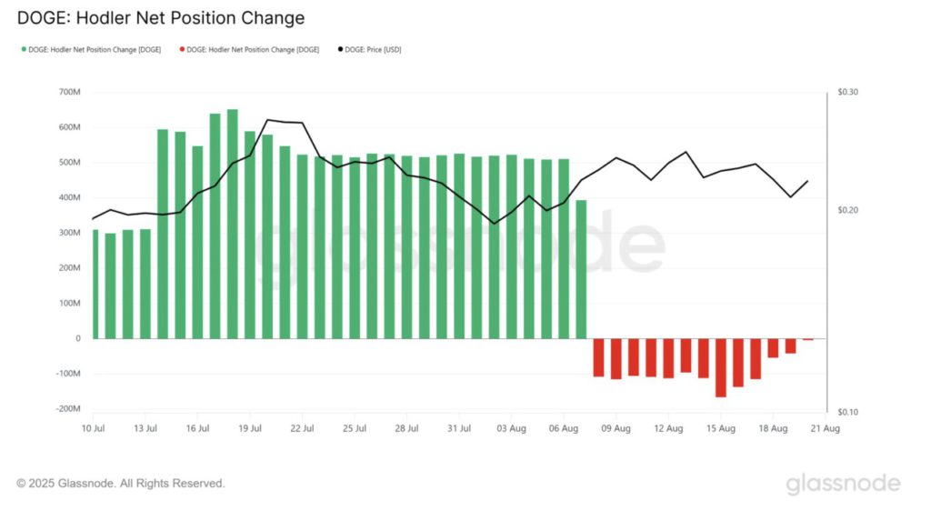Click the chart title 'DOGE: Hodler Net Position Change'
(x=161, y=17)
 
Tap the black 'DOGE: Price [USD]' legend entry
(x=371, y=49)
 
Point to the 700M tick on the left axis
(x=69, y=93)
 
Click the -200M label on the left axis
(x=67, y=409)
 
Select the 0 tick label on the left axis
(x=77, y=338)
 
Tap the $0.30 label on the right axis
(x=846, y=93)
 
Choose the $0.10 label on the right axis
(x=846, y=413)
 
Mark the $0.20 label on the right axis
(x=846, y=210)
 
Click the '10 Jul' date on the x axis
(x=94, y=427)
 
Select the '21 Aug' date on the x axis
(x=826, y=427)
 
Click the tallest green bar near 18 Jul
(x=233, y=224)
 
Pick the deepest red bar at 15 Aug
(x=721, y=367)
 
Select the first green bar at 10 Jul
(x=95, y=284)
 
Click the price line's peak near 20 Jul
(x=267, y=120)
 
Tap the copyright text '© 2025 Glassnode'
(x=121, y=484)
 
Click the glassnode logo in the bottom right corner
(x=843, y=484)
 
